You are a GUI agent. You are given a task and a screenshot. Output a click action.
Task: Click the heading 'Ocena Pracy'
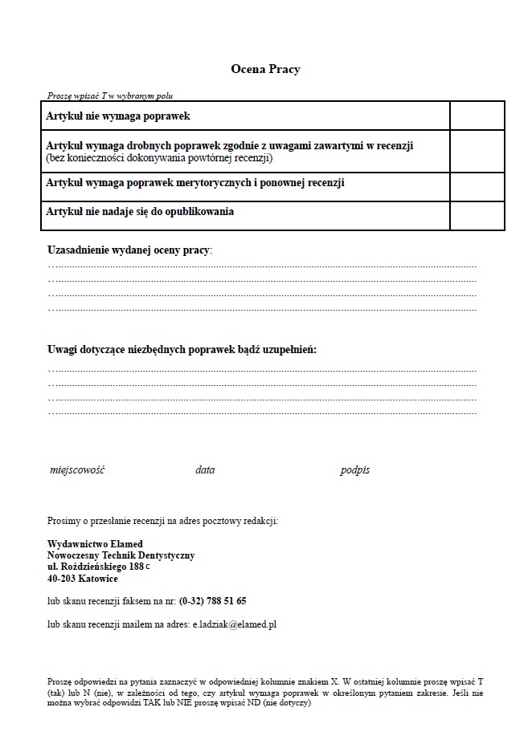click(x=265, y=70)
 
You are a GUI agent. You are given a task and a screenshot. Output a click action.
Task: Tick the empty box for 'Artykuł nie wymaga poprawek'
click(x=477, y=116)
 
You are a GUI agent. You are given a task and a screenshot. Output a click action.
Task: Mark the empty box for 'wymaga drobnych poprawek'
click(x=477, y=151)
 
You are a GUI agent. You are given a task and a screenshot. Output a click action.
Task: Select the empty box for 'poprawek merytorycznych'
click(x=477, y=186)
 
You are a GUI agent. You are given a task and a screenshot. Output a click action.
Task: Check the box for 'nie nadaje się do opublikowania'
click(x=477, y=215)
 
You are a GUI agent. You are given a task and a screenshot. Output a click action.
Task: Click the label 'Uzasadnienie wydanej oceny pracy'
click(x=129, y=250)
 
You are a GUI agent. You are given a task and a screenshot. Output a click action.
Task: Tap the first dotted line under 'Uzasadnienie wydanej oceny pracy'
click(x=262, y=266)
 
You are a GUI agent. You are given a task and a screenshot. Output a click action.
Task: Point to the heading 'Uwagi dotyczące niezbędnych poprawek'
click(x=182, y=350)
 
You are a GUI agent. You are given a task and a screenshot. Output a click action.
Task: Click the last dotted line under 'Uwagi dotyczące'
click(x=262, y=413)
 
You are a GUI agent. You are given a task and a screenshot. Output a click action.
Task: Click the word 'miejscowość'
click(x=77, y=470)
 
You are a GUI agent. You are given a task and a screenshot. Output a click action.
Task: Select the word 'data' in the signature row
click(x=205, y=470)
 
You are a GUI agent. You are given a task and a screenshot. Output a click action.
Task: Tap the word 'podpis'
click(x=354, y=470)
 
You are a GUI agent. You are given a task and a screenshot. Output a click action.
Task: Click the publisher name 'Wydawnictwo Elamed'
click(x=95, y=544)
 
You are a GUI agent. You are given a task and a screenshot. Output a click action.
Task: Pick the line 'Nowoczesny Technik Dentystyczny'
click(x=121, y=555)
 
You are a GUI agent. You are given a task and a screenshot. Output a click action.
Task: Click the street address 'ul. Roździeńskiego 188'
click(x=96, y=567)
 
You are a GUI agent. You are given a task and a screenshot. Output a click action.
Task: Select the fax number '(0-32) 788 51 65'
click(x=212, y=600)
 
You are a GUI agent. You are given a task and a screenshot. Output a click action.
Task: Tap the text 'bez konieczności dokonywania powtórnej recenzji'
click(x=160, y=158)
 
